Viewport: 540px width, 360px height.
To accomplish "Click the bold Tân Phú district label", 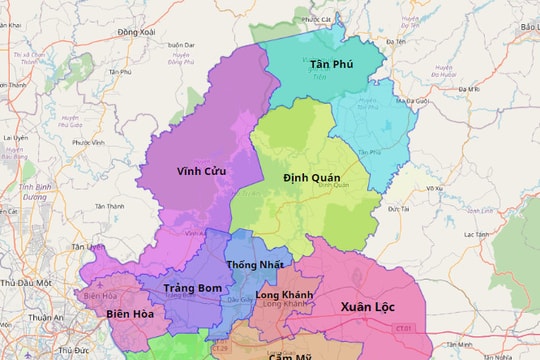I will tap(331, 64).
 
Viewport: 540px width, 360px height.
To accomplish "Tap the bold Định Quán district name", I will tap(312, 177).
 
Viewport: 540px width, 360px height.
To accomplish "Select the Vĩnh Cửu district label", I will tap(201, 171).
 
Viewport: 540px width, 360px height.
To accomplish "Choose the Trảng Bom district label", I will tap(192, 288).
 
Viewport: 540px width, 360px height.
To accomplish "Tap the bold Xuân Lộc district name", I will tap(368, 306).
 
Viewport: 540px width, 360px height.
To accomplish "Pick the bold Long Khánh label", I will tap(284, 295).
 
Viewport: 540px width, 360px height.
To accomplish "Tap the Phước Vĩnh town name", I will tap(90, 142).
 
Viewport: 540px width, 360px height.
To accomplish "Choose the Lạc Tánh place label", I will tap(476, 234).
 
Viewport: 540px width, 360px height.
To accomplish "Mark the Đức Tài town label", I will tap(399, 208).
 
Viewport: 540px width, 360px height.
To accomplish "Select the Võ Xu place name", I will tap(434, 188).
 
